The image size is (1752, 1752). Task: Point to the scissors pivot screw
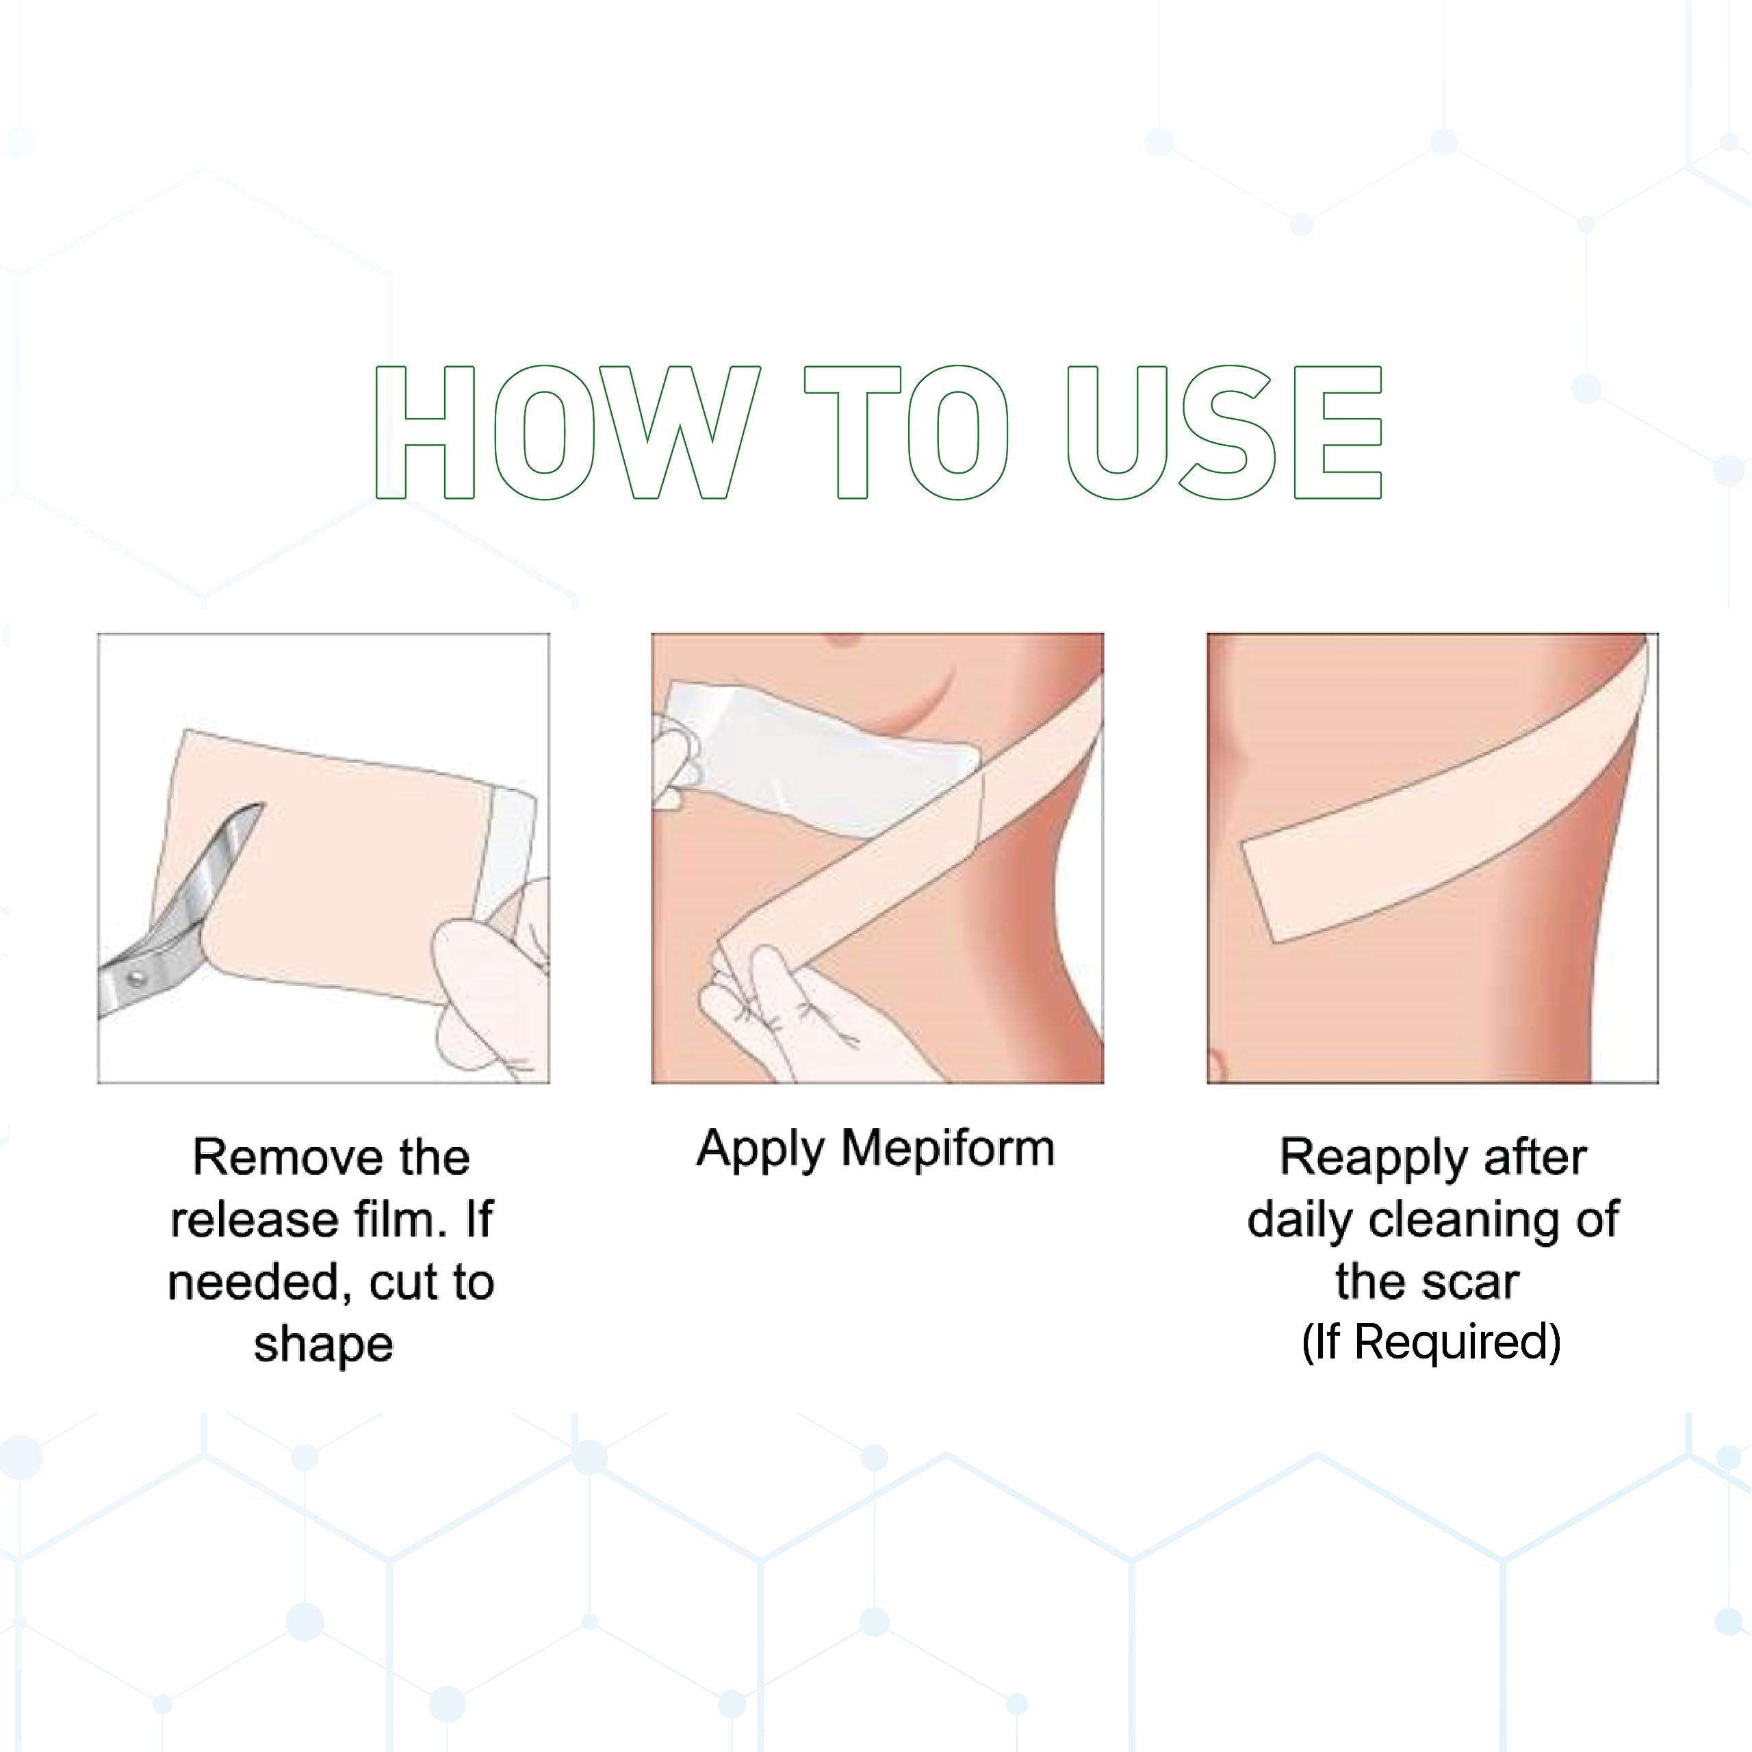coord(137,977)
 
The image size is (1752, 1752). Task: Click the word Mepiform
coord(948,1150)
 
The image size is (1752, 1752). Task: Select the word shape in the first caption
coord(324,1344)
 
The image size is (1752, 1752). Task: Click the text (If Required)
coord(1431,1342)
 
